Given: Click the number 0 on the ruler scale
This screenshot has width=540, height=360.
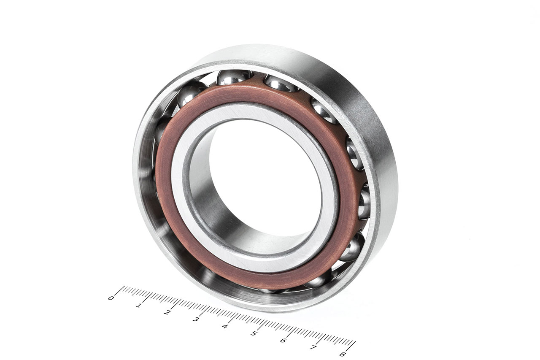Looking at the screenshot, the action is [111, 298].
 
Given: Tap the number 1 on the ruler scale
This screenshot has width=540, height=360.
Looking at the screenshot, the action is [138, 306].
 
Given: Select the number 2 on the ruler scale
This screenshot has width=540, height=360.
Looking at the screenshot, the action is [167, 312].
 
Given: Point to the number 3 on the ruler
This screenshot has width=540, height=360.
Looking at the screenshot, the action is [195, 319].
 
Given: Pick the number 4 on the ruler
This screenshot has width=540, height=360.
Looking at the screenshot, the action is [225, 327].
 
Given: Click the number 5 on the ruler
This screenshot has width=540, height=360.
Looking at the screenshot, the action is [254, 333].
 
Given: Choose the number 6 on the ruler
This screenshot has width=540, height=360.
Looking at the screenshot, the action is [283, 341].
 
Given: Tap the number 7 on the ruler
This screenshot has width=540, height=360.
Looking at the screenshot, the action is [313, 347].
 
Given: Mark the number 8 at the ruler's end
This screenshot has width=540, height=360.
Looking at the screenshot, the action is [343, 355].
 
